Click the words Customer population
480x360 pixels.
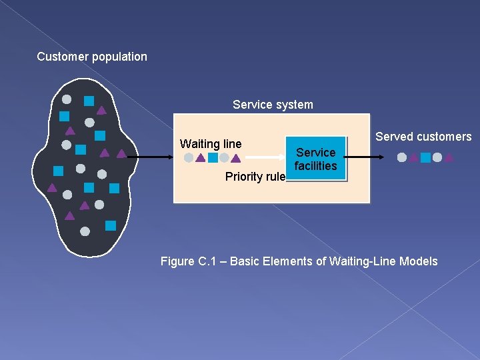(x=92, y=57)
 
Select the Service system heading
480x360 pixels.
(x=273, y=105)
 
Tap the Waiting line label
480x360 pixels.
(x=211, y=144)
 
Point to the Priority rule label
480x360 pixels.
(x=255, y=177)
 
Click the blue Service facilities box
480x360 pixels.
(x=316, y=159)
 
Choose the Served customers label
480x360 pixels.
(x=423, y=137)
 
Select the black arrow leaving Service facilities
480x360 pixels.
(x=365, y=157)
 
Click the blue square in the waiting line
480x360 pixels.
(x=213, y=158)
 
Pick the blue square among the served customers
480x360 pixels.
(x=425, y=158)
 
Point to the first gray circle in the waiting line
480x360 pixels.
(x=189, y=158)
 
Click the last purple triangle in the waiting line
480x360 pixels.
(x=235, y=159)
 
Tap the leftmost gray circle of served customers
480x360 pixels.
(x=402, y=158)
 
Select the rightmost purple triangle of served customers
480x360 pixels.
(x=449, y=158)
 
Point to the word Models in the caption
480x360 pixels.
(x=419, y=261)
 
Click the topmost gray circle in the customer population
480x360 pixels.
(x=67, y=99)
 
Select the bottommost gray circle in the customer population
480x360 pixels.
(x=85, y=231)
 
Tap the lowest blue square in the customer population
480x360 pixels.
(x=111, y=225)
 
